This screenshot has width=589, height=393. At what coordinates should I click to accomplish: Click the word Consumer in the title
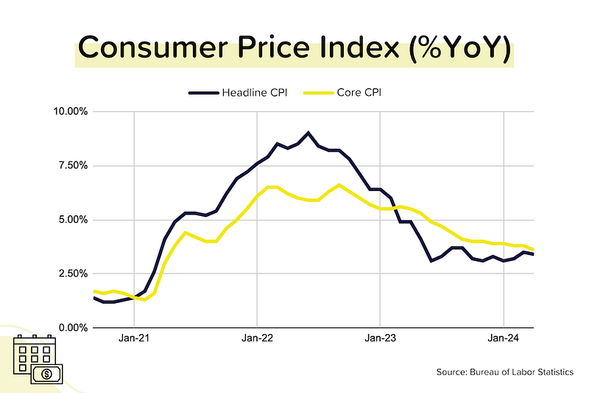tap(153, 47)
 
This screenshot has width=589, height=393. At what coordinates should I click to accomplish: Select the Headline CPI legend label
tap(254, 92)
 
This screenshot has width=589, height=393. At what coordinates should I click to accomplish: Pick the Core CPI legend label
tap(359, 92)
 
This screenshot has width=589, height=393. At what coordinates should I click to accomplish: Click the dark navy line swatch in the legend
tap(204, 93)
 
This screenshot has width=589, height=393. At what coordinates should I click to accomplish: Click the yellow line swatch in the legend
tap(319, 93)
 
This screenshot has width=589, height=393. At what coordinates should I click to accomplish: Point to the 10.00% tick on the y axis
tap(71, 111)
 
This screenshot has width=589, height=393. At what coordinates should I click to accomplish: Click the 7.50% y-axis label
tap(73, 165)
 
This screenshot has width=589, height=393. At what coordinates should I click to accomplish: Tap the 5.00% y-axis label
tap(73, 220)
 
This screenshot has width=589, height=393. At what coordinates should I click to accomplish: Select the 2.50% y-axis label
tap(73, 274)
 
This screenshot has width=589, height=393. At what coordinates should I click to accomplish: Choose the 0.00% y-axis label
tap(73, 327)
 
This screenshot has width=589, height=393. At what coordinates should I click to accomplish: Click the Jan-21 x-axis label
tap(134, 338)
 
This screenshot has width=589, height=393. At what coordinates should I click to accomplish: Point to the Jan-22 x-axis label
tap(257, 338)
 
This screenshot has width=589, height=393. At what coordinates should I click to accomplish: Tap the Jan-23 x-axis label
tap(380, 338)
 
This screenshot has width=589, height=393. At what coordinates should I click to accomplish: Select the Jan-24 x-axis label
tap(504, 338)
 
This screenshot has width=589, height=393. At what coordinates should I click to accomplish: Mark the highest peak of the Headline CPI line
tap(308, 133)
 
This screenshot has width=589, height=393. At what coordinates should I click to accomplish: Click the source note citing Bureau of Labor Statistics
tap(505, 372)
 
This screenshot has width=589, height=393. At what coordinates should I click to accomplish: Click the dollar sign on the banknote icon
tap(47, 374)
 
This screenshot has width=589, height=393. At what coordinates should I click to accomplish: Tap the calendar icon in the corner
tap(34, 352)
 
